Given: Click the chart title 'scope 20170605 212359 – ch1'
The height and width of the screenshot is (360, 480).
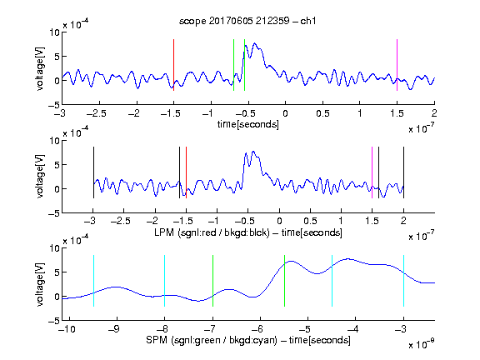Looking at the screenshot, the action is (x=247, y=21).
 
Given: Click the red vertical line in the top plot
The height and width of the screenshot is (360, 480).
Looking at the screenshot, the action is (x=173, y=65).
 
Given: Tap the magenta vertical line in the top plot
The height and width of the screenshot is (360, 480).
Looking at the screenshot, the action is (x=397, y=65).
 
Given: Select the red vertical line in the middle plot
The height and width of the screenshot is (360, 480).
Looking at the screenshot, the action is (x=186, y=172).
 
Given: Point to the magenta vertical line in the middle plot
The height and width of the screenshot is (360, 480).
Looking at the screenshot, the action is (x=372, y=172).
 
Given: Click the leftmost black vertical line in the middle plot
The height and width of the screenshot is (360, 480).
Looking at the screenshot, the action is (x=93, y=172).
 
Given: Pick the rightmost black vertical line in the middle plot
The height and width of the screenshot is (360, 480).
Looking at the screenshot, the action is (x=403, y=172).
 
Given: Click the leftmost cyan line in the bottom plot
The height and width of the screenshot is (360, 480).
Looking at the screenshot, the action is (x=93, y=281).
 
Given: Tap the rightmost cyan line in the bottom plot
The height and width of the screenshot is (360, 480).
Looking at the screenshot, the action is (x=403, y=281).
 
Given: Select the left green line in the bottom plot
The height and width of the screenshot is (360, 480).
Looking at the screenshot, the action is (x=212, y=281).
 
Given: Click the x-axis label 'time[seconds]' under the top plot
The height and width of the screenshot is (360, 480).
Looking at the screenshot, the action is (x=248, y=125).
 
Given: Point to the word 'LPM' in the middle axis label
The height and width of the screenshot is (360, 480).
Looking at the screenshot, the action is (x=164, y=232).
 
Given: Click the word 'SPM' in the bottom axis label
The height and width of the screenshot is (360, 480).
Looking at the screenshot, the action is (x=157, y=340).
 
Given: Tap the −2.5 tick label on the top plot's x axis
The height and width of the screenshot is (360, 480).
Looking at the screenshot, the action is (x=96, y=113).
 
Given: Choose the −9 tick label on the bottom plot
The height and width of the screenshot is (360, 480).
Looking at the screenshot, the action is (x=114, y=329).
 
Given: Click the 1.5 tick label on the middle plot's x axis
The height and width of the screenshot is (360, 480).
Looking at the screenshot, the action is (x=372, y=221).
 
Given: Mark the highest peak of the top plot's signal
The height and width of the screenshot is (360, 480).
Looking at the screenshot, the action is (x=254, y=43).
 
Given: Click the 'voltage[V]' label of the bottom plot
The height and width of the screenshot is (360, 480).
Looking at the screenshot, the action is (x=40, y=284).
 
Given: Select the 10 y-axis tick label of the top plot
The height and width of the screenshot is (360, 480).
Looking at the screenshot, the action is (x=54, y=32).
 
